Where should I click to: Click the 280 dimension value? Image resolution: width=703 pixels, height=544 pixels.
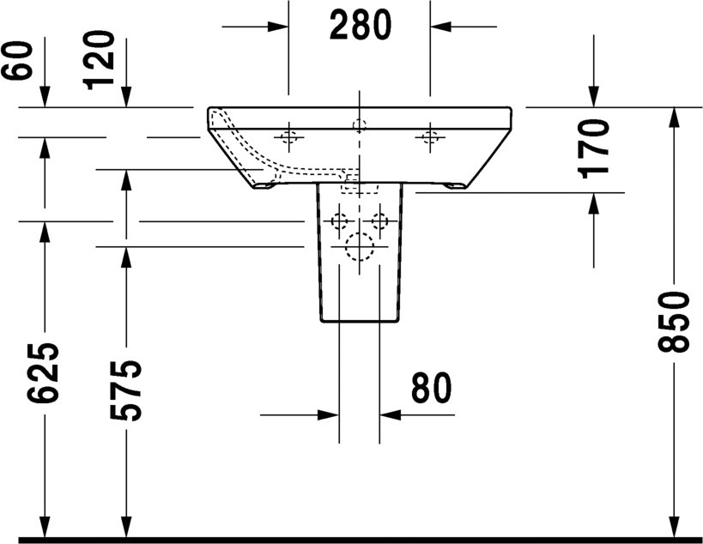[361, 26]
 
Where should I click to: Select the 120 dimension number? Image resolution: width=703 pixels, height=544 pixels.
[99, 60]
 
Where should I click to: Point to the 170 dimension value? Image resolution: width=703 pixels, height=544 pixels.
[595, 148]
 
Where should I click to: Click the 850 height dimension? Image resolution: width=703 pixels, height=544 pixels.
[674, 321]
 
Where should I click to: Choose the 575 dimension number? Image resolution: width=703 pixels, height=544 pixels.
[126, 390]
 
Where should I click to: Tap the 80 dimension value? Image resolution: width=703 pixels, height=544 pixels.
[431, 388]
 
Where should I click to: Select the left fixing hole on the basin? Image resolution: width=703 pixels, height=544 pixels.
[289, 136]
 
